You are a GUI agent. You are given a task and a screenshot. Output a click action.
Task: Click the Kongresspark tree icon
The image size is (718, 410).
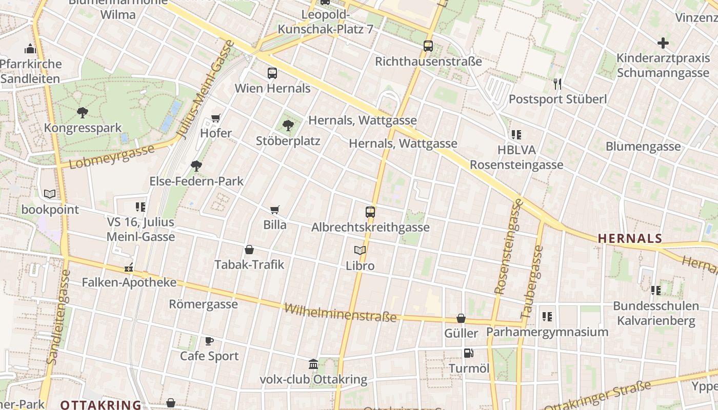tap(82, 112)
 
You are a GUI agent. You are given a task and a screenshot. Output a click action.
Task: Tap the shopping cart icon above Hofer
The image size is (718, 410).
tap(216, 118)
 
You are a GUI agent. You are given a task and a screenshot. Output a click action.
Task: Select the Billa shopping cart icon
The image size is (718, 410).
tap(275, 210)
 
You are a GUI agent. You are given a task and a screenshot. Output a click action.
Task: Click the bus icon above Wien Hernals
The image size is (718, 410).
tap(272, 73)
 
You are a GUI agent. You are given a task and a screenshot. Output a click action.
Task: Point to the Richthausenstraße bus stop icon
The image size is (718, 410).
tap(428, 46)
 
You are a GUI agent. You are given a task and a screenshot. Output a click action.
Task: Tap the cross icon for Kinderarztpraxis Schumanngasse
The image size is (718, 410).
tap(663, 43)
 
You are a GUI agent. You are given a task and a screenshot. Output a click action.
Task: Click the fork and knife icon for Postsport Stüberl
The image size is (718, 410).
tap(557, 84)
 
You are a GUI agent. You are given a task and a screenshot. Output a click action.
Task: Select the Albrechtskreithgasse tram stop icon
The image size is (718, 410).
tap(370, 212)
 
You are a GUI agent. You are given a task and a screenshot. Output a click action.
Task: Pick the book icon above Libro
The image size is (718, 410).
tap(360, 251)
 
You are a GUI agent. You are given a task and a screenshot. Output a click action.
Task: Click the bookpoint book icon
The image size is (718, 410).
tap(50, 194)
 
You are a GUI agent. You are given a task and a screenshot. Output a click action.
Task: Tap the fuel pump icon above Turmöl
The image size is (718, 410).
tap(468, 353)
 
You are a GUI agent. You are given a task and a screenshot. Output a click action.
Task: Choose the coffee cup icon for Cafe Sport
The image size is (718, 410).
tap(209, 341)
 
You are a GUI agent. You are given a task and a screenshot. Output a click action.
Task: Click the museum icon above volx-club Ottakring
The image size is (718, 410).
tap(313, 364)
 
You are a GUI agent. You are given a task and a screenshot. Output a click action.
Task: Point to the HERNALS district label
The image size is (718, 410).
tap(630, 238)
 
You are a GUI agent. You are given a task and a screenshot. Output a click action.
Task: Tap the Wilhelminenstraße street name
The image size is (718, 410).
tap(341, 313)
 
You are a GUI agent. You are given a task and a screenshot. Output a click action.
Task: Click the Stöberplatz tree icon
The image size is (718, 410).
tap(288, 125)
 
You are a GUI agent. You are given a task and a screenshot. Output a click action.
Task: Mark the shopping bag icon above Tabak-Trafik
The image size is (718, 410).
tap(249, 250)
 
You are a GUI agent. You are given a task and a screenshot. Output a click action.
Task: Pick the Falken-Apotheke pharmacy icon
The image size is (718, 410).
tap(129, 267)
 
